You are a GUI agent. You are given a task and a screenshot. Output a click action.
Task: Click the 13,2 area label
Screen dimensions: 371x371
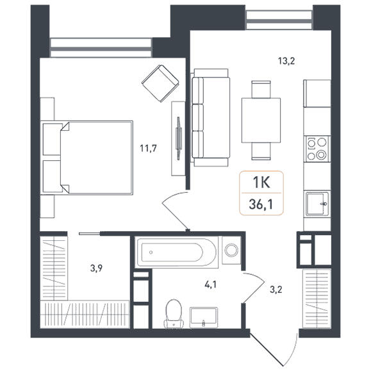coord(286,61)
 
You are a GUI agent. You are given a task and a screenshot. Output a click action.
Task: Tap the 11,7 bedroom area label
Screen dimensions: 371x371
coord(148,149)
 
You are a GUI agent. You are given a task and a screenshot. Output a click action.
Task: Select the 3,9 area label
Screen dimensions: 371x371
coord(96,268)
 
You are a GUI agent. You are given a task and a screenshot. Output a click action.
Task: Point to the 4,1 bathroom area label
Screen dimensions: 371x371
coord(210,284)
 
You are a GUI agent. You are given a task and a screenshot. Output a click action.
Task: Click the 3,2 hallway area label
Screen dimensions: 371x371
coord(276,290)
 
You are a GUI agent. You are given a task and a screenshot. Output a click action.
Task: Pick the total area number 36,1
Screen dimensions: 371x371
coord(261,204)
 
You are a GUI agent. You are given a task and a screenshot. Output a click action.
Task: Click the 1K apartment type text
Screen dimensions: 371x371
coord(261,183)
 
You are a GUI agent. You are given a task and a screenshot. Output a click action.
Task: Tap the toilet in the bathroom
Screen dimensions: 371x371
coord(174,314)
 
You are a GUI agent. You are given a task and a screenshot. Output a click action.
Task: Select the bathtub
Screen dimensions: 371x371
coord(176,252)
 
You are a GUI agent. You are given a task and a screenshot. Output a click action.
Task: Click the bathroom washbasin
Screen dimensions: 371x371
coord(204,318)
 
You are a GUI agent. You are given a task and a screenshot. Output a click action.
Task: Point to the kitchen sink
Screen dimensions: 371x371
coord(317,204)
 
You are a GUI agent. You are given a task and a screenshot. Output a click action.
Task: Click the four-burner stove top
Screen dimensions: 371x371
coord(317,149)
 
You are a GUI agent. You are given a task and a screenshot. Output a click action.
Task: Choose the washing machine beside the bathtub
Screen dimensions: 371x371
coord(231,250)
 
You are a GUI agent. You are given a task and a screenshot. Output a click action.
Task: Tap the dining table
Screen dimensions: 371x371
coord(261,120)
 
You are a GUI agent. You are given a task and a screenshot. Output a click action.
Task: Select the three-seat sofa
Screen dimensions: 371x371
coord(211,118)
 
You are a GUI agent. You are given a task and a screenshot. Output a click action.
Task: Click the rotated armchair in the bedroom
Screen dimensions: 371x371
coord(160,83)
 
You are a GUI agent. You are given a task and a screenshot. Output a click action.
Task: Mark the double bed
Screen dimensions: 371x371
coord(87,158)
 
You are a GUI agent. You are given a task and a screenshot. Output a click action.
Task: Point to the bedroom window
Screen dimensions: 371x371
coord(101,47)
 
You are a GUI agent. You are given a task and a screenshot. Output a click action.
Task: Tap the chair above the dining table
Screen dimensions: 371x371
coord(261,90)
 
